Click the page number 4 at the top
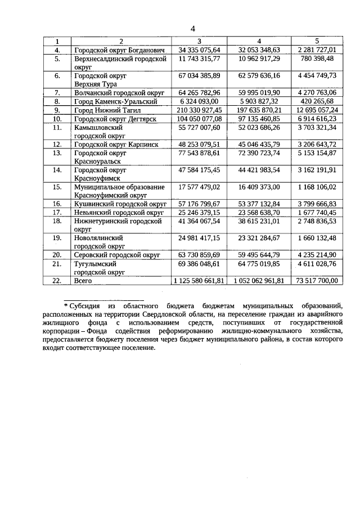(192, 29)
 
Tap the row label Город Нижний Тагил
(109, 110)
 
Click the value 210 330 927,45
(199, 110)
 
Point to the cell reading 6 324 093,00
(200, 101)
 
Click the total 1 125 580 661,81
(199, 280)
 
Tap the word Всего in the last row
(83, 280)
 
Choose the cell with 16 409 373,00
(258, 187)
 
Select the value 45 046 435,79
(258, 144)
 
